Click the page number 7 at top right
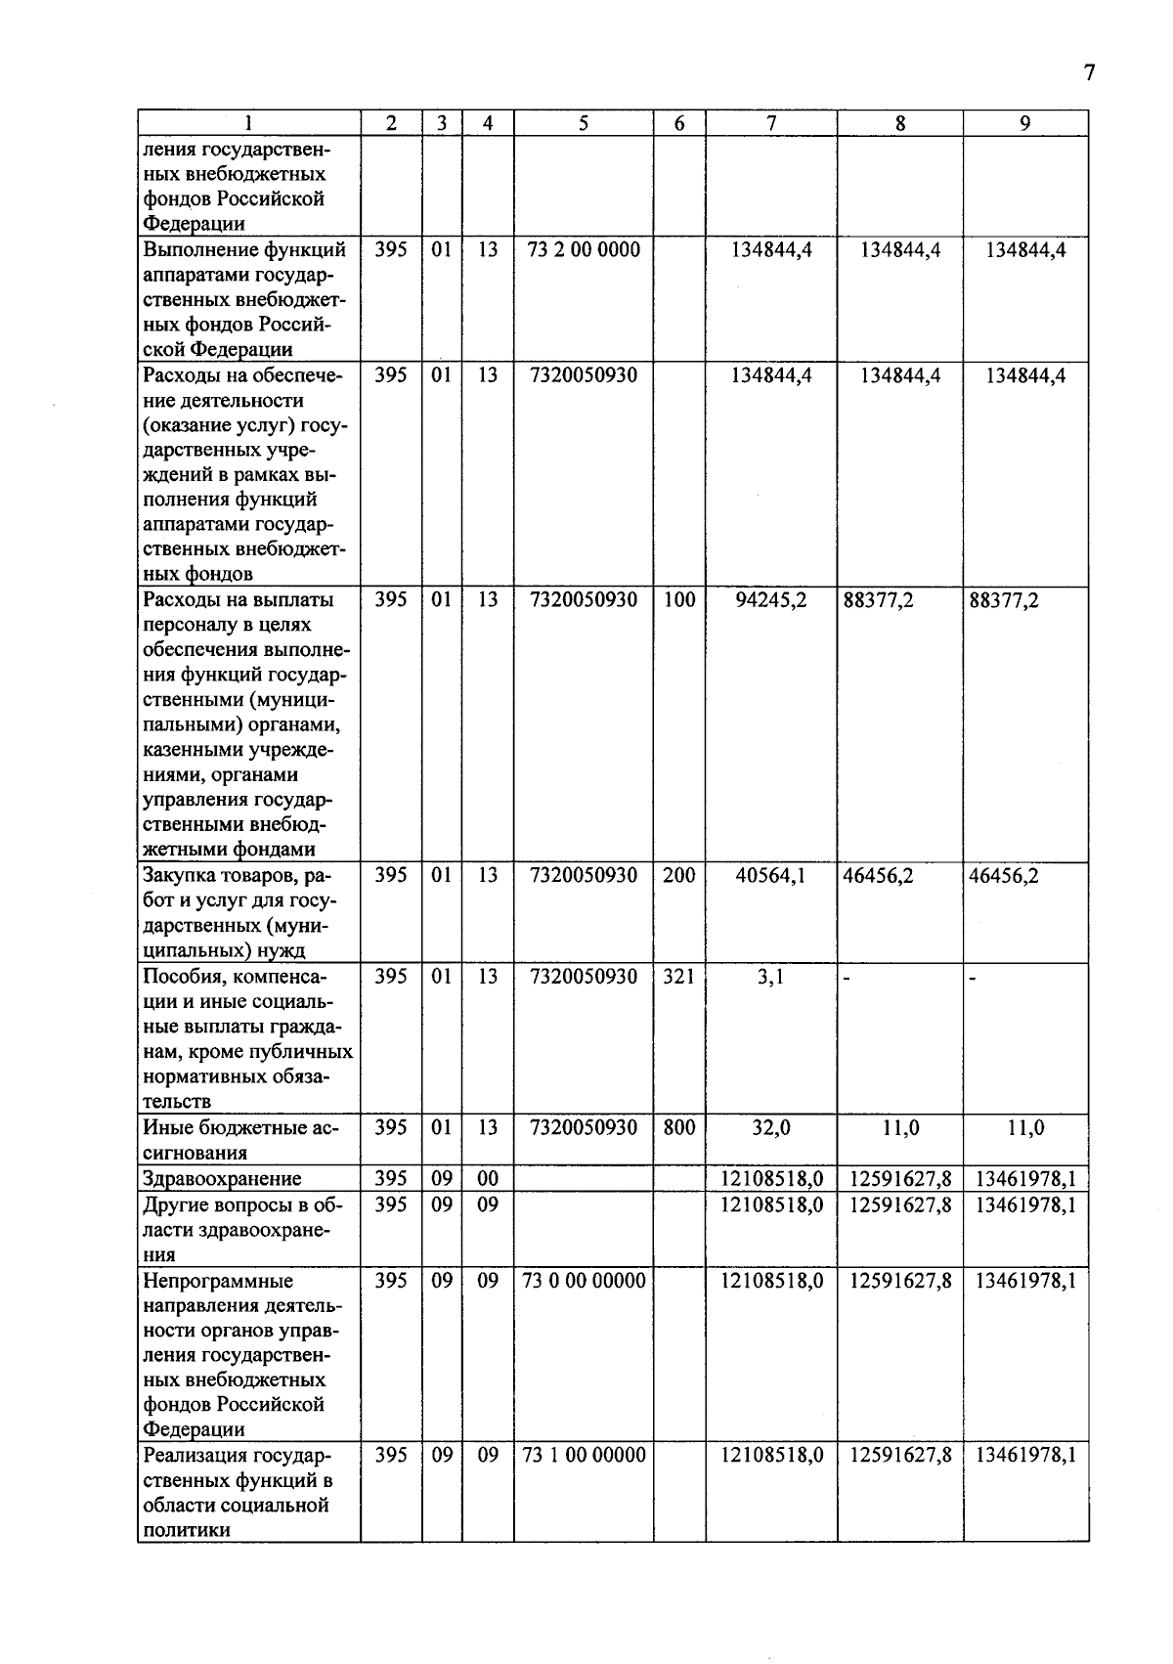[x=1089, y=74]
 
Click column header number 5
[x=584, y=123]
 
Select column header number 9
[x=1024, y=123]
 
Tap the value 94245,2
[x=771, y=600]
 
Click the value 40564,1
[x=771, y=876]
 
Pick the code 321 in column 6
[x=678, y=977]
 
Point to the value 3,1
[x=770, y=977]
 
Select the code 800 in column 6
[x=678, y=1128]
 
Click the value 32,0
[x=770, y=1128]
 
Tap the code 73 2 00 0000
[x=584, y=250]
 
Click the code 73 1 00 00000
[x=584, y=1455]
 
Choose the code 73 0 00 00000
[x=584, y=1281]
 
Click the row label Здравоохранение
[x=222, y=1179]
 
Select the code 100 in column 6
[x=678, y=600]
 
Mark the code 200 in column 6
[x=678, y=876]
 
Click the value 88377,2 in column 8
[x=878, y=600]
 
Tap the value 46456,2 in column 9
[x=1004, y=876]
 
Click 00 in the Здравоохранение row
[x=487, y=1179]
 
